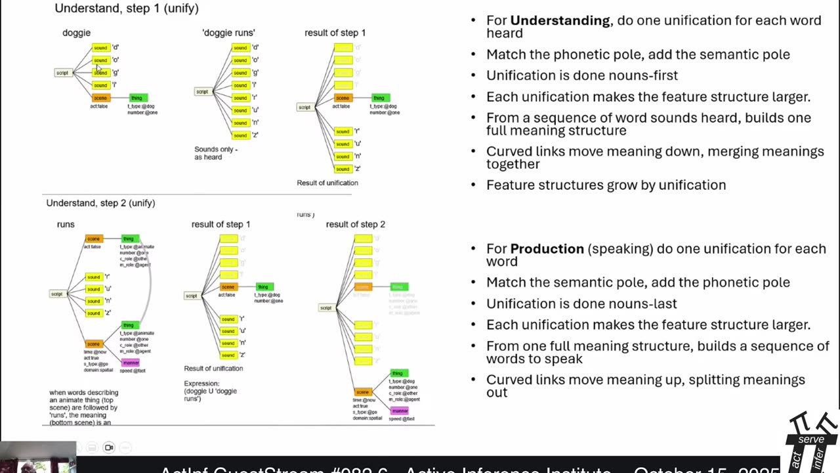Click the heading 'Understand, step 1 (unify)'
point(127,9)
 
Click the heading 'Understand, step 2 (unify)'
point(100,203)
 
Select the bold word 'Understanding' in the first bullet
point(560,20)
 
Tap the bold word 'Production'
point(547,249)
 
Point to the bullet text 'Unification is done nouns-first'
point(581,76)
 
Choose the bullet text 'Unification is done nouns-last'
point(581,304)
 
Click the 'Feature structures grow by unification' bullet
point(606,185)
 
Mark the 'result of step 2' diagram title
point(355,224)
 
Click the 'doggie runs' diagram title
point(228,32)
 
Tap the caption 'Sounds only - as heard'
point(216,153)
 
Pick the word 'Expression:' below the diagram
point(201,384)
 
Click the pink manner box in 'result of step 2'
point(400,411)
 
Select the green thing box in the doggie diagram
point(136,98)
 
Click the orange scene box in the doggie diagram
point(100,98)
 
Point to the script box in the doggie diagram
point(62,72)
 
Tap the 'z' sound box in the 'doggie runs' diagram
point(240,135)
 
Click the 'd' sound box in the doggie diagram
point(100,47)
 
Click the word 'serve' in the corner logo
point(811,439)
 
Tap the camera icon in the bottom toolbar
point(109,448)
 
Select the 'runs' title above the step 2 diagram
point(66,224)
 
